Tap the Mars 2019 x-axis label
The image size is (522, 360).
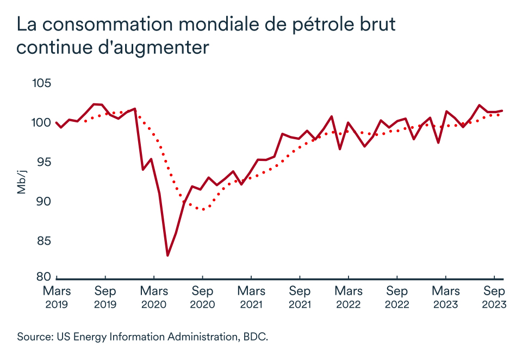pos(56,297)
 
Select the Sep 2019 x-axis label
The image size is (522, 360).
pos(105,297)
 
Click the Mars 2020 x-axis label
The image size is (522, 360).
pos(154,297)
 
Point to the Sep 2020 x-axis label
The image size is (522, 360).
pos(202,297)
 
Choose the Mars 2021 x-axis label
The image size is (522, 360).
pos(251,297)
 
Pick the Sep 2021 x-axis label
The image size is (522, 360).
pos(300,297)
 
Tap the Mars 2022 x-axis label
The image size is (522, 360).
pos(348,297)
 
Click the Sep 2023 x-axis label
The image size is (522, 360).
pos(494,297)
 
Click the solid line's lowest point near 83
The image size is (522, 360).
pos(168,255)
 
